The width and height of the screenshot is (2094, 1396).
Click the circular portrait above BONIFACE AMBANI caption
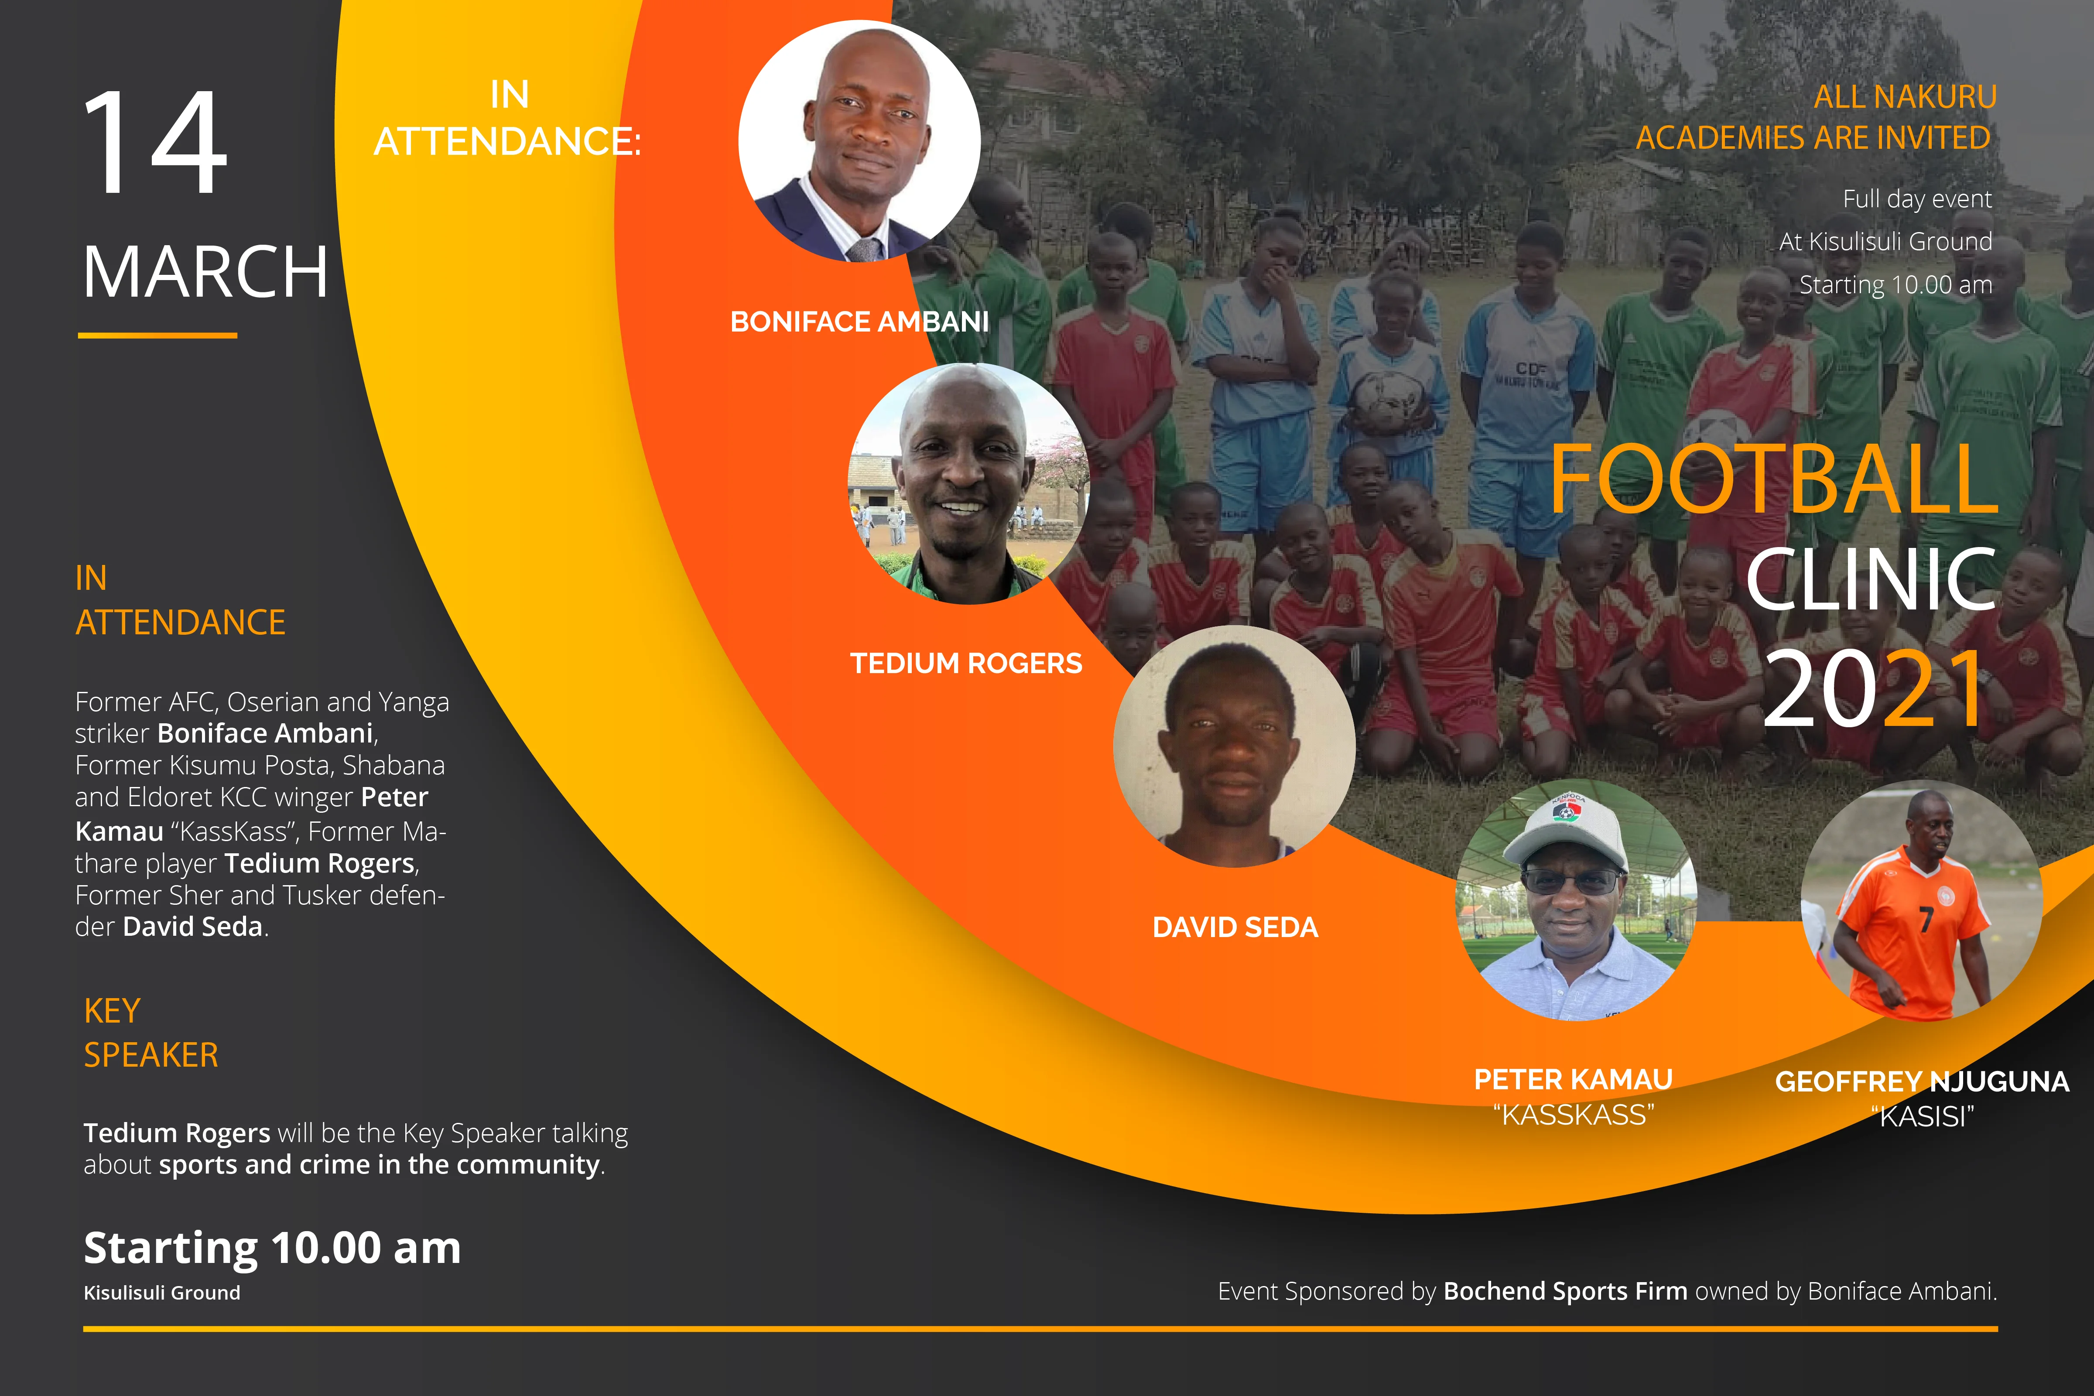tap(859, 140)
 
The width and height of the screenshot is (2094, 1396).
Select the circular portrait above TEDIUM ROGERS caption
tap(968, 483)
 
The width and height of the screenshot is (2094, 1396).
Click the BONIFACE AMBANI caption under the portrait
tap(859, 322)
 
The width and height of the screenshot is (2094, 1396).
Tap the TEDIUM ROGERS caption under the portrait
tap(966, 663)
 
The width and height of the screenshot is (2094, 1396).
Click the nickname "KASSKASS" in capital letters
tap(1573, 1115)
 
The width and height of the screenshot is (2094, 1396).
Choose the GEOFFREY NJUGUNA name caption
tap(1921, 1082)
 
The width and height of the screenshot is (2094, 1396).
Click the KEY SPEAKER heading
tap(151, 1033)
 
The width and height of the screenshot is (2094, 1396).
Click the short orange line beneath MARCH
tap(157, 335)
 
